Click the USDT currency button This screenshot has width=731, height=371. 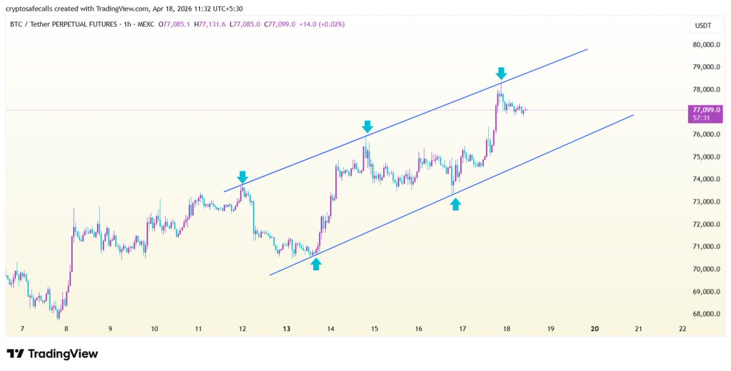click(x=699, y=25)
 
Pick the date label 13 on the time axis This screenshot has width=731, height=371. click(x=287, y=328)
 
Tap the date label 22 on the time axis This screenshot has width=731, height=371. click(x=682, y=328)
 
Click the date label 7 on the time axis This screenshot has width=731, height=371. click(x=22, y=328)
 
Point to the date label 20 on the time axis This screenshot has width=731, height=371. click(x=594, y=328)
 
